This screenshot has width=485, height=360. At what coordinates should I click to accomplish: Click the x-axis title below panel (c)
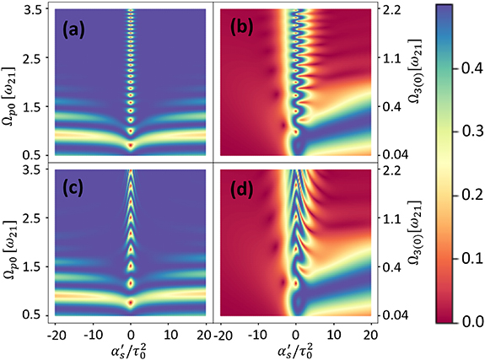point(131,347)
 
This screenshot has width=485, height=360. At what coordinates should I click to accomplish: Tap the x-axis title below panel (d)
point(296,347)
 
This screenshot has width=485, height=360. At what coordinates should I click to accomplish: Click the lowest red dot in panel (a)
point(131,146)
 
